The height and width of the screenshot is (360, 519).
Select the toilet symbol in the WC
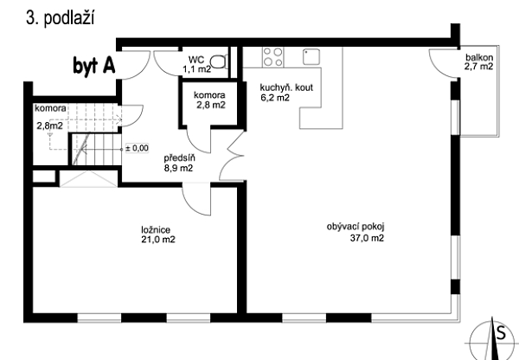(x=222, y=61)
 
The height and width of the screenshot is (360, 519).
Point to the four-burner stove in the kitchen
(x=273, y=58)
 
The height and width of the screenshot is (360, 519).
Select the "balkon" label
(x=478, y=57)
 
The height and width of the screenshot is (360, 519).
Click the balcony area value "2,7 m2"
(x=478, y=67)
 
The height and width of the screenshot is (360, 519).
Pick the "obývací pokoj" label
(x=355, y=227)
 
